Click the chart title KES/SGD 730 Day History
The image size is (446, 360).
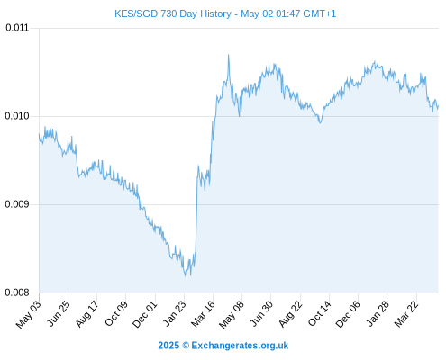click(x=173, y=13)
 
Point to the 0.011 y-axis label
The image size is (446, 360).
click(x=17, y=28)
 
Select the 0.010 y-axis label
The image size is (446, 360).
click(x=17, y=116)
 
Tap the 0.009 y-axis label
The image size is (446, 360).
click(x=17, y=204)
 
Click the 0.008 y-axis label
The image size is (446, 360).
click(x=17, y=292)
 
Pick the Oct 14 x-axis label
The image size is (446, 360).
click(x=319, y=313)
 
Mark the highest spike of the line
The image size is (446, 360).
click(x=228, y=55)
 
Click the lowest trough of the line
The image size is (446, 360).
click(x=185, y=275)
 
